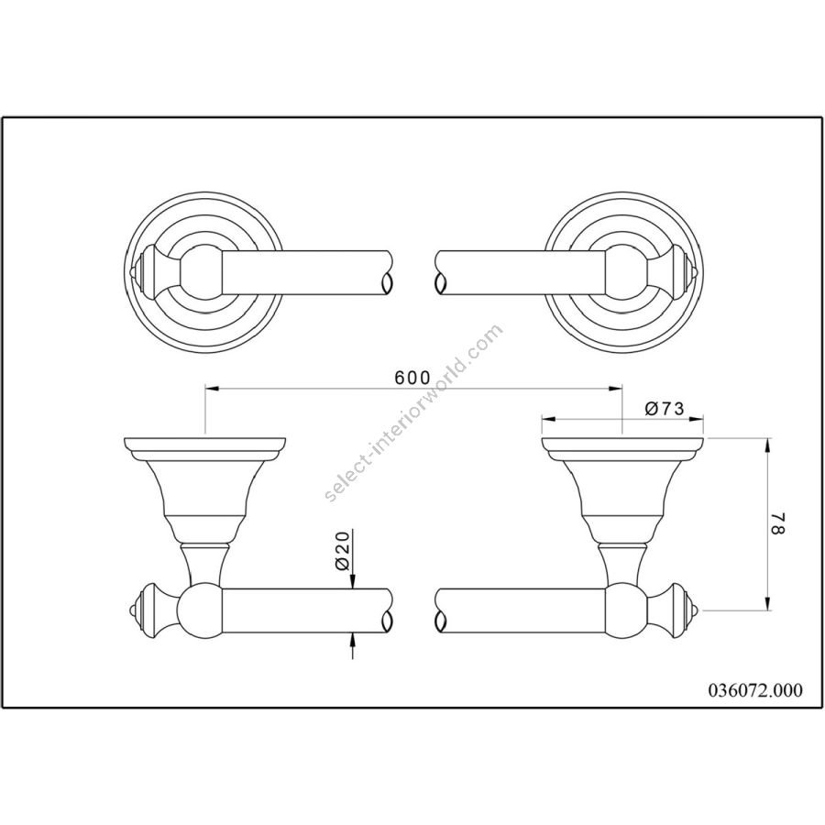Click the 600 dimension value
point(412,378)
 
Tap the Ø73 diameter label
point(664,408)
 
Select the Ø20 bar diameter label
point(343,551)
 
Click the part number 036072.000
point(753,689)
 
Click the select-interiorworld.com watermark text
point(414,412)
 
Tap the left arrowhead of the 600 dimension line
point(211,389)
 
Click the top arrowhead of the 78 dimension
point(768,445)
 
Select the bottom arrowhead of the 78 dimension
point(768,603)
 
